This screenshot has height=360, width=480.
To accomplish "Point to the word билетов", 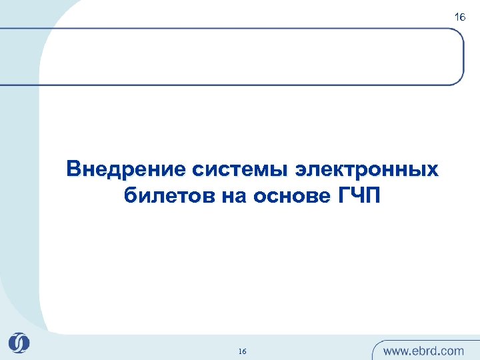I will pyautogui.click(x=168, y=197).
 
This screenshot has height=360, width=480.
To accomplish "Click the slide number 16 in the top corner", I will pyautogui.click(x=460, y=17).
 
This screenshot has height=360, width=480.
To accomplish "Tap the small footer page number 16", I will pyautogui.click(x=242, y=351).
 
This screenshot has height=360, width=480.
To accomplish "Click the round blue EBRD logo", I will pyautogui.click(x=19, y=343).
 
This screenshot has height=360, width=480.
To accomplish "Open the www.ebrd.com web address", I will pyautogui.click(x=423, y=350).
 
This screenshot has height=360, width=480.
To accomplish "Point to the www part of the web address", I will pyautogui.click(x=396, y=351).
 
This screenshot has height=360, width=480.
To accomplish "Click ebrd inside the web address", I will pyautogui.click(x=426, y=350).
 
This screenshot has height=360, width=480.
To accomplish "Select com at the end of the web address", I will pyautogui.click(x=451, y=351).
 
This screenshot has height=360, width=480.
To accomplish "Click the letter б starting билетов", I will pyautogui.click(x=130, y=197).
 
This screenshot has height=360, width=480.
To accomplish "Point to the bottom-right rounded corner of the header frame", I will pyautogui.click(x=459, y=80).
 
